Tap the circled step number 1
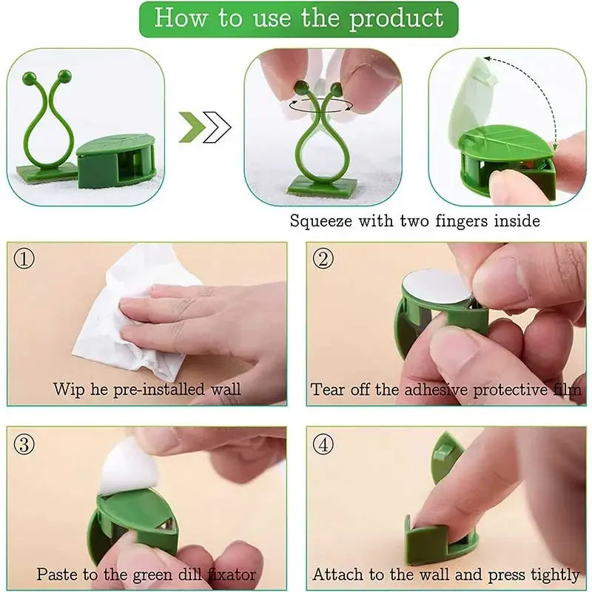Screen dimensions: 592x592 24,260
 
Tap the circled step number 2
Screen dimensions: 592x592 323,260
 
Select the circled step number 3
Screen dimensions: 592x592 24,444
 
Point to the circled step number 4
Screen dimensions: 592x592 323,444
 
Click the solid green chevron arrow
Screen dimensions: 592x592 192,127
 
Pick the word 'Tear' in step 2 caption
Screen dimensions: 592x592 326,389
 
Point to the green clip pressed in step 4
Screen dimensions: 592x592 437,533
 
